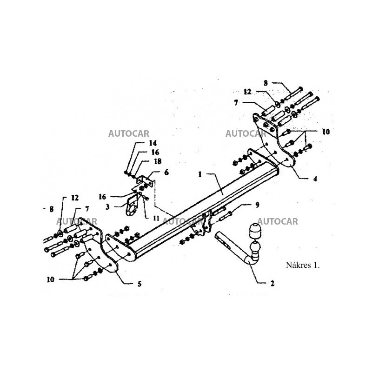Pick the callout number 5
(x=139, y=283)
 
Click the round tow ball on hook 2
(x=255, y=250)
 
